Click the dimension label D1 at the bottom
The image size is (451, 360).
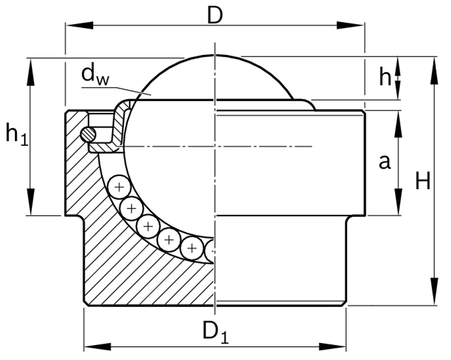pyautogui.click(x=215, y=332)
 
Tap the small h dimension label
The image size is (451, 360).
pyautogui.click(x=385, y=77)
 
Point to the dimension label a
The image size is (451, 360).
pyautogui.click(x=384, y=162)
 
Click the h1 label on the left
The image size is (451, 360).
pyautogui.click(x=16, y=134)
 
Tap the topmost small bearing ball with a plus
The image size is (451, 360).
pyautogui.click(x=119, y=187)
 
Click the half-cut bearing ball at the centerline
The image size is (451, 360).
pyautogui.click(x=210, y=251)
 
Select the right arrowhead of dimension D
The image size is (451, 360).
pyautogui.click(x=351, y=25)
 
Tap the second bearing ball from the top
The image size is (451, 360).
pyautogui.click(x=131, y=208)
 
